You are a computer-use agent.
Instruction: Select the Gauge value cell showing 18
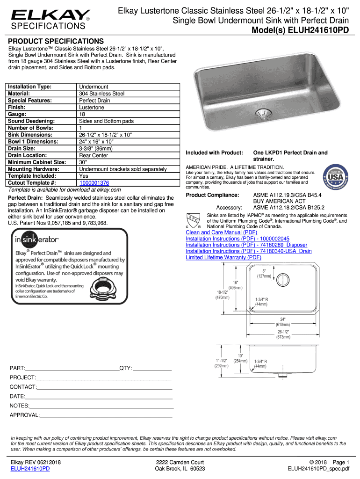click(82, 114)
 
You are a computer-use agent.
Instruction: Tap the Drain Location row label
click(28, 155)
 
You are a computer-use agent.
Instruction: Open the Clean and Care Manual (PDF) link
click(221, 232)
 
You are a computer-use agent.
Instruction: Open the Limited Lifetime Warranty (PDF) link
click(223, 257)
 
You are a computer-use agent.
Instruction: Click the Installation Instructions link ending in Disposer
click(246, 245)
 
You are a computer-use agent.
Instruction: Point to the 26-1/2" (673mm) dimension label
click(282, 334)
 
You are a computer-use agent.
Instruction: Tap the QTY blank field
click(152, 368)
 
